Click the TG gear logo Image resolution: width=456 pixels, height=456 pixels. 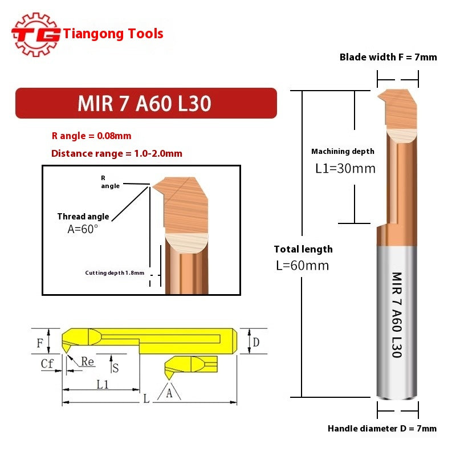pyautogui.click(x=35, y=34)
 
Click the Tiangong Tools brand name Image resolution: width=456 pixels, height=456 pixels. pyautogui.click(x=113, y=34)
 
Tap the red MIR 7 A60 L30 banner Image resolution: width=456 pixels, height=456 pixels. pyautogui.click(x=145, y=103)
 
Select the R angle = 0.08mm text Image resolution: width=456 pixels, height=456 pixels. pyautogui.click(x=91, y=136)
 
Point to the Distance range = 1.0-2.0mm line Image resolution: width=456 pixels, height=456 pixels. pyautogui.click(x=116, y=153)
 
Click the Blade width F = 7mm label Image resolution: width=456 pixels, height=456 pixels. pyautogui.click(x=388, y=57)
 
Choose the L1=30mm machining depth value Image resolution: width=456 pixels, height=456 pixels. pyautogui.click(x=345, y=169)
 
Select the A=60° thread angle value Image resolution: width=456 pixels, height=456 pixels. pyautogui.click(x=83, y=229)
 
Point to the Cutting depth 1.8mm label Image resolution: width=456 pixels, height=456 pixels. pyautogui.click(x=115, y=273)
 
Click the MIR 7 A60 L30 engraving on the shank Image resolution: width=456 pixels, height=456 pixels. pyautogui.click(x=397, y=314)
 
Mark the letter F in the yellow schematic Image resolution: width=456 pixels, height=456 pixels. pyautogui.click(x=40, y=343)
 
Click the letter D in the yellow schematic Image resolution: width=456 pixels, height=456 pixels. pyautogui.click(x=256, y=342)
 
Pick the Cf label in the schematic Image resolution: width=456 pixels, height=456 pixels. pyautogui.click(x=48, y=363)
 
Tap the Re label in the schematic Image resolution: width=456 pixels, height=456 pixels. pyautogui.click(x=88, y=361)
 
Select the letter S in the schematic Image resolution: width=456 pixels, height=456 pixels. pyautogui.click(x=115, y=368)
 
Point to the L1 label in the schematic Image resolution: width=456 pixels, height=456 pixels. pyautogui.click(x=103, y=384)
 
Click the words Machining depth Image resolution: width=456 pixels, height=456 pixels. pyautogui.click(x=343, y=151)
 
